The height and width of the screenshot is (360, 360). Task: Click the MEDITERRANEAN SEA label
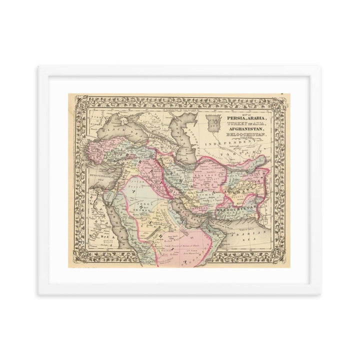(83, 175)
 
